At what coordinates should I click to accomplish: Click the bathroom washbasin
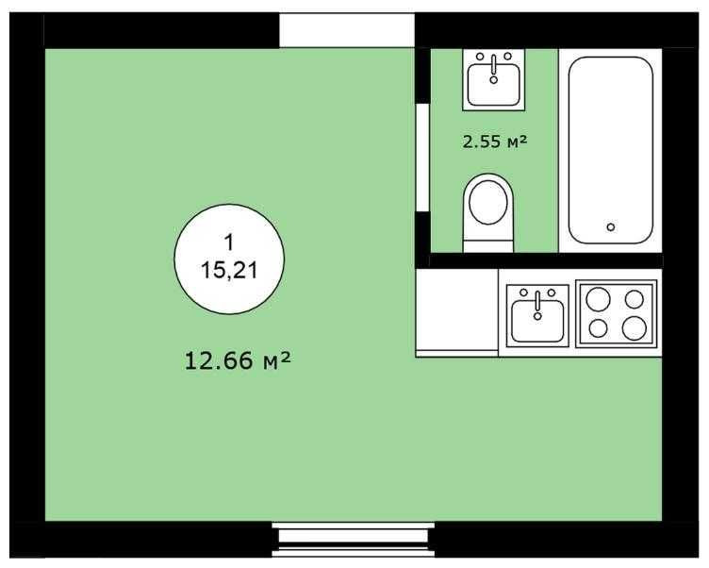[494, 79]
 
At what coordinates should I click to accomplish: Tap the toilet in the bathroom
[488, 209]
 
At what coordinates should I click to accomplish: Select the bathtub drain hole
[611, 226]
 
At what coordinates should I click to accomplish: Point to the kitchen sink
[538, 315]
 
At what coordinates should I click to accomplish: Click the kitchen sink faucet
[538, 301]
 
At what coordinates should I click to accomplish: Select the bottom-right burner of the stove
[635, 327]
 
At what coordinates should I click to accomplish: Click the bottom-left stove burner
[598, 328]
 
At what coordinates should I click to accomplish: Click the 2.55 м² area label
[493, 142]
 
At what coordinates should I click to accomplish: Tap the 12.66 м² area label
[236, 359]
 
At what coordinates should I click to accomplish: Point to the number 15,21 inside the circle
[229, 270]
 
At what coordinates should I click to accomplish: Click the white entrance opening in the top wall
[347, 30]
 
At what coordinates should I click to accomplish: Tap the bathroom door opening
[422, 157]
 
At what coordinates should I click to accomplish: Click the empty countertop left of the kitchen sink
[457, 312]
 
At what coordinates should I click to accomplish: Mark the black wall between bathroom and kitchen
[542, 260]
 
